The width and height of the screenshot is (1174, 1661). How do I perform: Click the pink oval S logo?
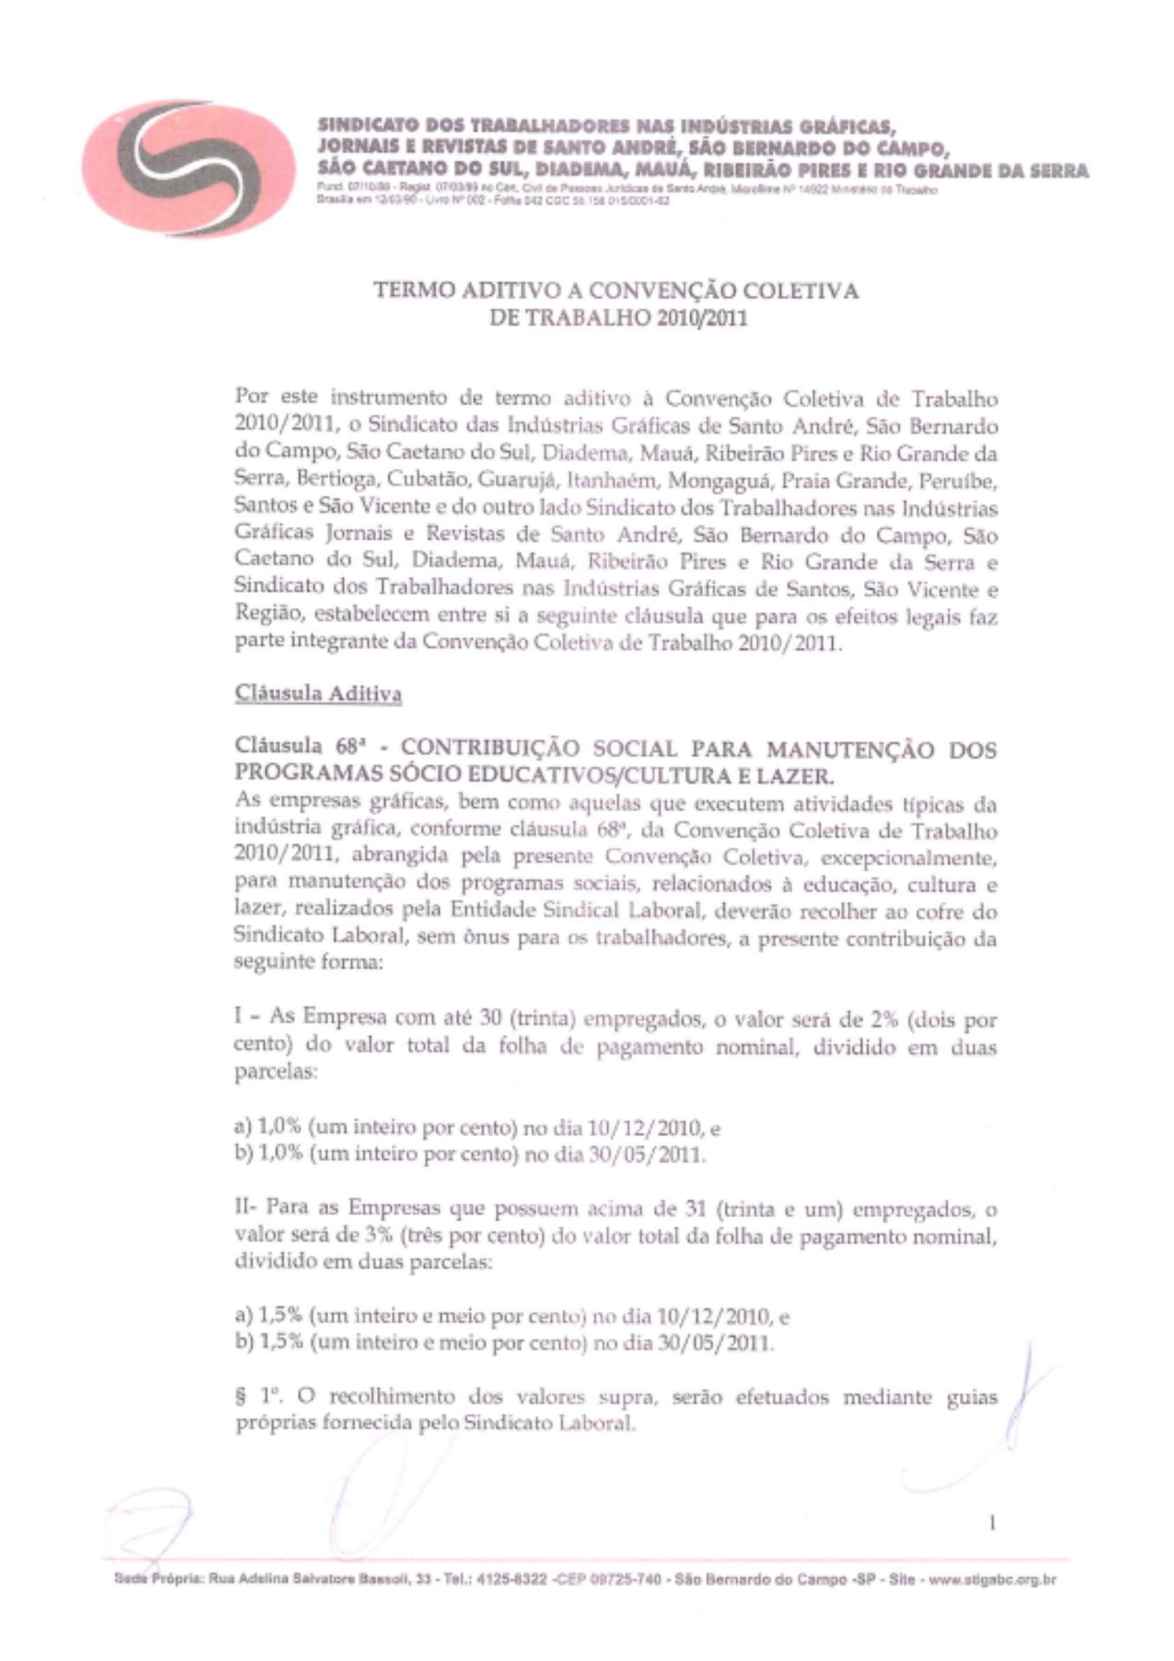tap(187, 169)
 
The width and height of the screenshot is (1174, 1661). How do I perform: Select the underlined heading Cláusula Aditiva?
tap(318, 694)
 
